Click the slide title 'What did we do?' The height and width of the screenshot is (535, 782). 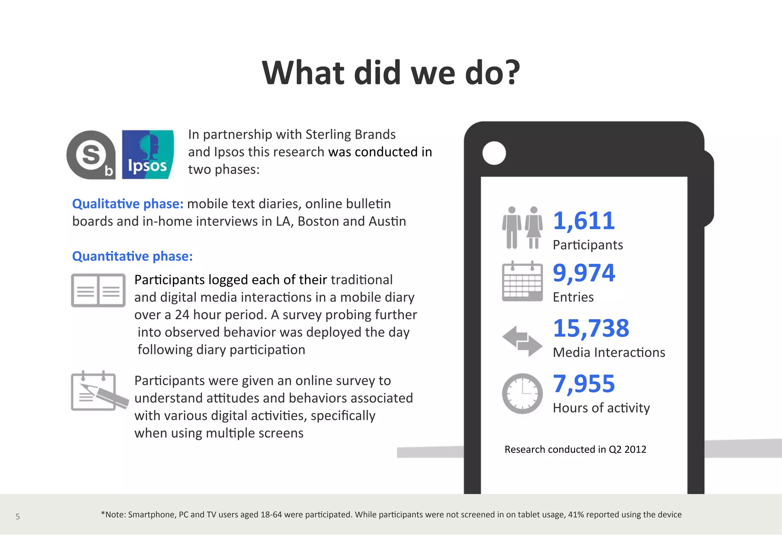391,73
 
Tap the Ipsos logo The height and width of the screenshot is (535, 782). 147,154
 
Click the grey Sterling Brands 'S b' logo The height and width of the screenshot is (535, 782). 91,155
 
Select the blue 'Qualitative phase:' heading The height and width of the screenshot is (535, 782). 128,204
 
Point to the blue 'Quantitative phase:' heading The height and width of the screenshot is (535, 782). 132,256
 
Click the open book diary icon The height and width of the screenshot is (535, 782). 98,290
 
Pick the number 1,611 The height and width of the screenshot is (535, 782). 584,221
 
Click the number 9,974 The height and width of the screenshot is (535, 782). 584,273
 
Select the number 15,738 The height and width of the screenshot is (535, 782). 591,328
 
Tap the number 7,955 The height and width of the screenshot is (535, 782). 584,384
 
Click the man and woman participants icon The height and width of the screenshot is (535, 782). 522,228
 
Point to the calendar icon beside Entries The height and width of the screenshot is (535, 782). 522,282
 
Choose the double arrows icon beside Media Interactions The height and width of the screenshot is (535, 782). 522,341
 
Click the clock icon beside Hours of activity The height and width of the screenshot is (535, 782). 522,394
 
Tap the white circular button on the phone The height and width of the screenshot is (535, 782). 494,153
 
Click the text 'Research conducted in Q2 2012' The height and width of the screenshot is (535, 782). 575,449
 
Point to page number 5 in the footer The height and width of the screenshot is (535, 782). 18,517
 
